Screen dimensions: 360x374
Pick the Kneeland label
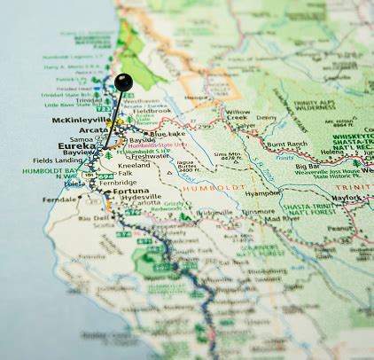point(133,165)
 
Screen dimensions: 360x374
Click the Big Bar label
point(308,165)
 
